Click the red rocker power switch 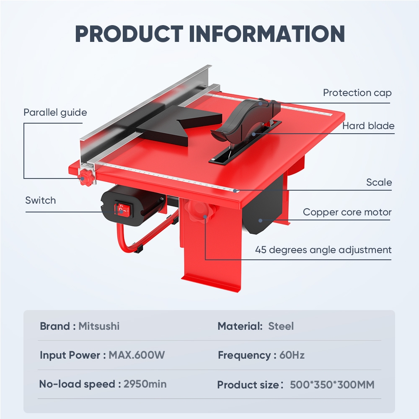coord(121,209)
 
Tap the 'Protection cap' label coord(357,93)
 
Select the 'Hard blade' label coord(368,126)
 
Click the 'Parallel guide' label coord(55,112)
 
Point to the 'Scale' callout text coord(379,182)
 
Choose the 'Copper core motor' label coord(347,212)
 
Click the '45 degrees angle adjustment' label coord(323,250)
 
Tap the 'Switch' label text coord(40,200)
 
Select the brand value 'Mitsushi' coord(99,326)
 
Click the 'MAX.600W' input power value coord(137,355)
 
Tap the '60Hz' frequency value coord(292,355)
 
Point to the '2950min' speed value coord(145,384)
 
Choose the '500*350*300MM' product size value coord(332,385)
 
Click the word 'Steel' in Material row coord(281,326)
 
